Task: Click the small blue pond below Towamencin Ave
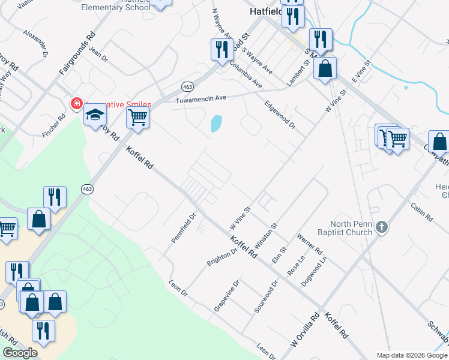pos(215,124)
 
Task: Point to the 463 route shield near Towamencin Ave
pos(187,85)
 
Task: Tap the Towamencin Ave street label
pos(200,98)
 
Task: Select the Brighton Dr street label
pos(222,257)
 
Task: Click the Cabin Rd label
pos(422,213)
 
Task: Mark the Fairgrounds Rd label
pos(77,53)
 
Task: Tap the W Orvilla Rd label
pos(304,331)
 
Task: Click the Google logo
pos(20,352)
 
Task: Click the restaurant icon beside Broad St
pos(221,49)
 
